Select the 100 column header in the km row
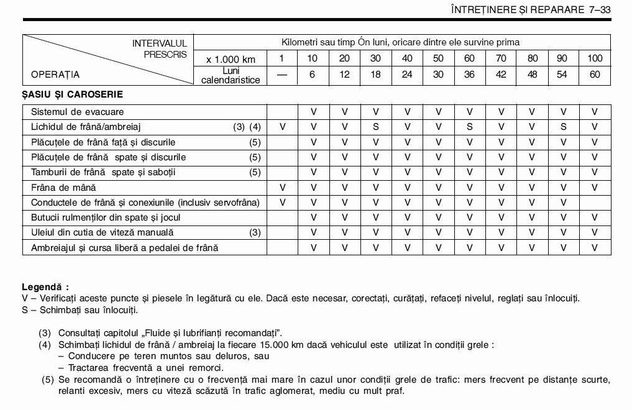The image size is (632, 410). (x=595, y=58)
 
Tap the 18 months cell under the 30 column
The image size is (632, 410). (x=375, y=75)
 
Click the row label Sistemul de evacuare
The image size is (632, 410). (x=78, y=112)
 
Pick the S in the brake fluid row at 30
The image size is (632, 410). (x=375, y=127)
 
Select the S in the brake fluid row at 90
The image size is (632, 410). (x=562, y=127)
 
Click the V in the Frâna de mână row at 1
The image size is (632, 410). (x=282, y=187)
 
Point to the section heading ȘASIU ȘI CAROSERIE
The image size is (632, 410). (x=72, y=95)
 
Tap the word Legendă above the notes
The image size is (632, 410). (x=44, y=287)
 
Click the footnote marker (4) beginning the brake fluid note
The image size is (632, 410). (x=45, y=345)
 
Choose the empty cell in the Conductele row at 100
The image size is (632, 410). (x=595, y=203)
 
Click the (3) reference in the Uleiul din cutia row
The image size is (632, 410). (x=255, y=232)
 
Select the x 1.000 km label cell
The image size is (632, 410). (x=231, y=59)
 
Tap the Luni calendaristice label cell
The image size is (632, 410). (x=231, y=75)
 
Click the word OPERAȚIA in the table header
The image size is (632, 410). (x=55, y=75)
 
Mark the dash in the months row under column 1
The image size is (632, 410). (x=282, y=75)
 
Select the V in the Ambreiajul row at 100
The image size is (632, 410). (x=595, y=248)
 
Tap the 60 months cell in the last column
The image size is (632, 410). (x=595, y=75)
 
